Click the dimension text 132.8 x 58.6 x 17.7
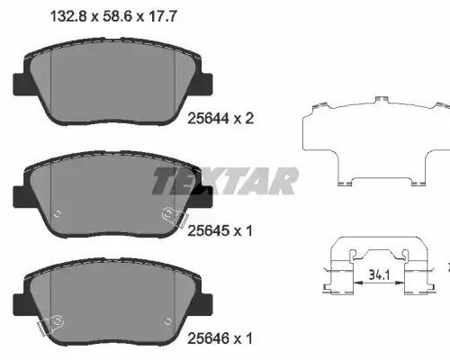coord(113,16)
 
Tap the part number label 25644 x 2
coord(220,119)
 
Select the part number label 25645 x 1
coord(220,230)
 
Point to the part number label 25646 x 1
coord(220,338)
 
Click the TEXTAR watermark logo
coord(225,181)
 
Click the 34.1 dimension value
coord(379,274)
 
